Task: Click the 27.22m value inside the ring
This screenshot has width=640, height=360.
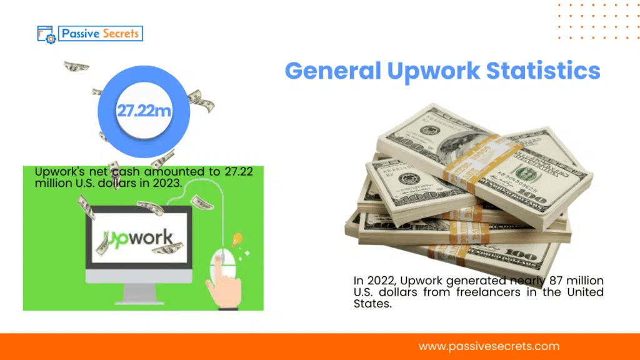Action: click(x=144, y=112)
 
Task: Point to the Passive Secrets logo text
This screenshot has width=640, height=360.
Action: click(x=101, y=33)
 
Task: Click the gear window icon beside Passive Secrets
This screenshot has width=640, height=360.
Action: click(x=47, y=34)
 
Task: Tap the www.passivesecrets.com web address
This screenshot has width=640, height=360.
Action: click(x=489, y=346)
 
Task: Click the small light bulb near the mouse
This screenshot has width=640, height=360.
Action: click(x=237, y=239)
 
